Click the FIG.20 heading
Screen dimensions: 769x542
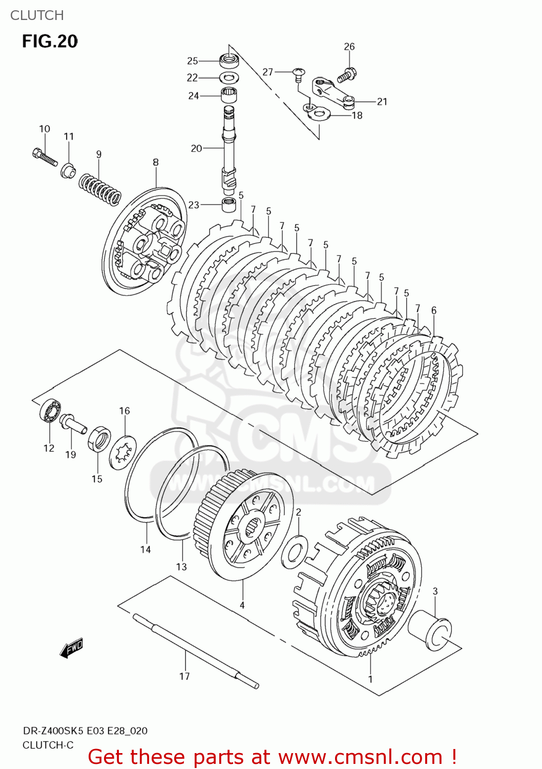click(x=50, y=41)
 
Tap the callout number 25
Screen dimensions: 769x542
click(x=192, y=61)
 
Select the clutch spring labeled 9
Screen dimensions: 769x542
click(x=100, y=189)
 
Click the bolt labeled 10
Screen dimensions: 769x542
click(x=45, y=156)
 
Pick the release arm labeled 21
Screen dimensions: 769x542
click(x=332, y=92)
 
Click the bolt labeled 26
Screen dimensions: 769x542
click(x=347, y=75)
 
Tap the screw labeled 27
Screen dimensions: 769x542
click(x=298, y=74)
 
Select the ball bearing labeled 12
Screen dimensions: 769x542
click(x=50, y=410)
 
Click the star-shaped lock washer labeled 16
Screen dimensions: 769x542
click(x=123, y=452)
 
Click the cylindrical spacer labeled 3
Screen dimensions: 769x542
click(x=432, y=631)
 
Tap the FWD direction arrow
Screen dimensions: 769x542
click(x=71, y=649)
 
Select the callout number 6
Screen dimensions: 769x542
click(x=434, y=310)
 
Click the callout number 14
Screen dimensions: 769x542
click(x=145, y=550)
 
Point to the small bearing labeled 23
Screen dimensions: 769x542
click(x=230, y=205)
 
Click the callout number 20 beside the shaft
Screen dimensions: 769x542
click(x=196, y=148)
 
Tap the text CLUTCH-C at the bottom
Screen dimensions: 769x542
click(x=48, y=745)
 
